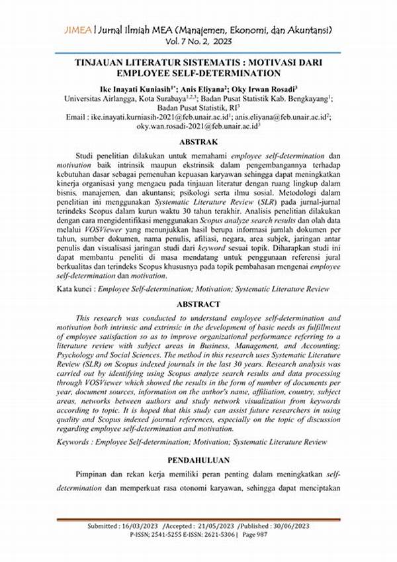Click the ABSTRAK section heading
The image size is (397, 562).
pos(198,141)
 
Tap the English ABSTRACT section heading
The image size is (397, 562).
pos(198,304)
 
